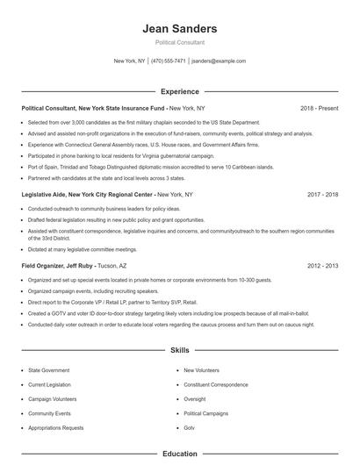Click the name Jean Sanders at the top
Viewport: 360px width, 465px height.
click(179, 28)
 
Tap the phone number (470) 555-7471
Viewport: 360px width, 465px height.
click(169, 61)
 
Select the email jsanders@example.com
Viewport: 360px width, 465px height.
click(219, 61)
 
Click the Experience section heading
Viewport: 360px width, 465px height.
click(179, 91)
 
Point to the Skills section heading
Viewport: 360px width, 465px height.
click(179, 348)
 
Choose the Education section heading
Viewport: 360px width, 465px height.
click(179, 454)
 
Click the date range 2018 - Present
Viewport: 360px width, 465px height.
click(319, 108)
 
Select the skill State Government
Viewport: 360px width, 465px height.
click(50, 370)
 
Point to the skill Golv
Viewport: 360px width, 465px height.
click(190, 427)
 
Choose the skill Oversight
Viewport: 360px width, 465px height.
click(195, 398)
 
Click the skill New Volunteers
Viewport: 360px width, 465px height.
click(201, 370)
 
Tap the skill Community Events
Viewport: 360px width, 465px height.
click(50, 412)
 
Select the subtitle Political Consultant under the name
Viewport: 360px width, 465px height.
click(179, 42)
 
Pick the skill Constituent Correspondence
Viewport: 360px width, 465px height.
click(216, 384)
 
